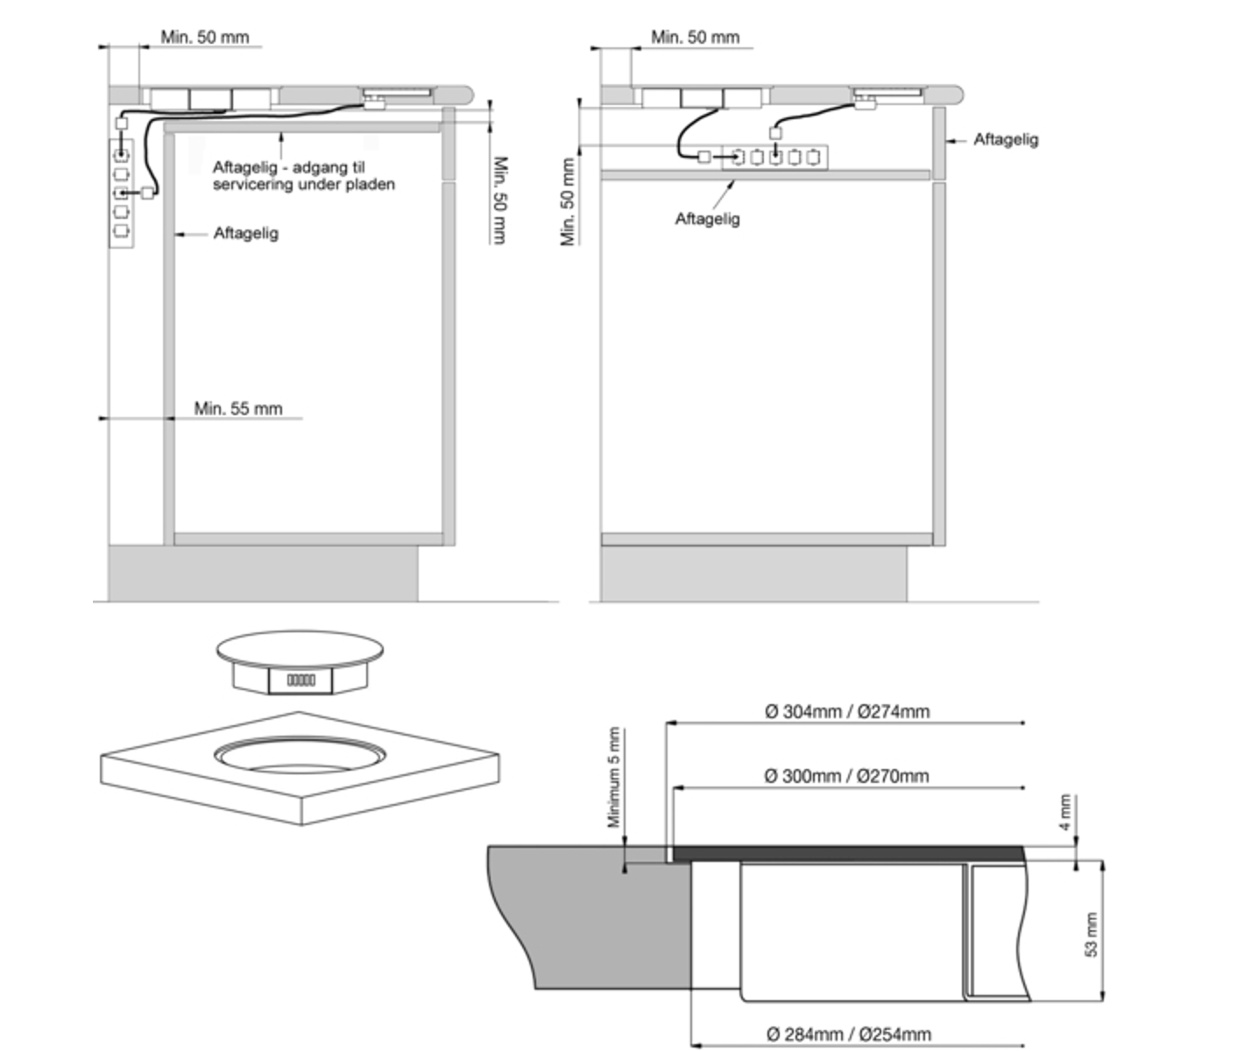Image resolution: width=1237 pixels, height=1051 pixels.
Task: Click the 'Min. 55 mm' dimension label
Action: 237,408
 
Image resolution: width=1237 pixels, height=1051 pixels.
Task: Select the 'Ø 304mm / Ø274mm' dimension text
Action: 846,711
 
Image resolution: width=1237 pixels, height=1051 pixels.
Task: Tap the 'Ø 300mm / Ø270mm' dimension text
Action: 845,776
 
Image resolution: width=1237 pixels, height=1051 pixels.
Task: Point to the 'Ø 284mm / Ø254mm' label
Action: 848,1033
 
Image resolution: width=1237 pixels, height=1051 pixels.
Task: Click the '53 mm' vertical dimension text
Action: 1091,935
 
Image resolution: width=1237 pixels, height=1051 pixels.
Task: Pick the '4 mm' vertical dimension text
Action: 1065,812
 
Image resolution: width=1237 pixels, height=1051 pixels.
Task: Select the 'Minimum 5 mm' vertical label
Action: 614,777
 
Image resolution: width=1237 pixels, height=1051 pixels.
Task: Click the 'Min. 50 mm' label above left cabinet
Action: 204,37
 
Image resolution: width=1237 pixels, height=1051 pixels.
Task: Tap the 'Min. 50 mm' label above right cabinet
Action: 695,37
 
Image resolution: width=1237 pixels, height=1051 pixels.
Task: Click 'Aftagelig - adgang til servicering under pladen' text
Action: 303,175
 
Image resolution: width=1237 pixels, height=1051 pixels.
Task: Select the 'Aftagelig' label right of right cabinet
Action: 1005,139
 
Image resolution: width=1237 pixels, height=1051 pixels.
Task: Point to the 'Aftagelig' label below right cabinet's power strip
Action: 706,219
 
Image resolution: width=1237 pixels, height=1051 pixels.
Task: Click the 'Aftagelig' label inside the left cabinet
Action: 245,233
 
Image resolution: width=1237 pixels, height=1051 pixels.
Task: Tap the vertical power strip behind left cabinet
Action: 121,193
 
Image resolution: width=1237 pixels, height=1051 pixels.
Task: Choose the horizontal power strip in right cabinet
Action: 774,157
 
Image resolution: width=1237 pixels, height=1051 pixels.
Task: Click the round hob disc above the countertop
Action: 300,649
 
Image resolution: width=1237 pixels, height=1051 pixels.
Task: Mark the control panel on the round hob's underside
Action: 300,680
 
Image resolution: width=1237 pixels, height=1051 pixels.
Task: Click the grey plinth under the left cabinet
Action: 263,573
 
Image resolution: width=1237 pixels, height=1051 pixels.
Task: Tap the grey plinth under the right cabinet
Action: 753,573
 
